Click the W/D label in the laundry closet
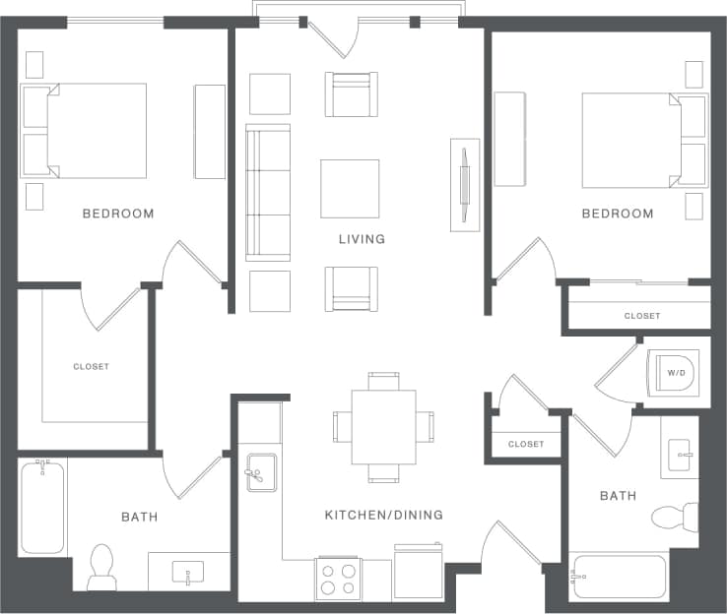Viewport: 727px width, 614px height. point(675,373)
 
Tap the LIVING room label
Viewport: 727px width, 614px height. point(362,239)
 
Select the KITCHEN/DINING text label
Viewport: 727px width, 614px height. point(383,515)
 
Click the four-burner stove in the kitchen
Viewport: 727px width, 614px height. point(338,579)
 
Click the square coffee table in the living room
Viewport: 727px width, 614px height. point(350,188)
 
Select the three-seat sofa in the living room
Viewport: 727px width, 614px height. point(268,193)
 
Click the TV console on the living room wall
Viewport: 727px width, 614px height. point(465,185)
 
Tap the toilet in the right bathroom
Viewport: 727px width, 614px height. point(677,517)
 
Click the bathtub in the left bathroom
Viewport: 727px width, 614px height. point(42,507)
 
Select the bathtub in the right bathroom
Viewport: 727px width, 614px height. point(619,578)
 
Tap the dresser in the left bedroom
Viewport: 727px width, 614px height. point(210,132)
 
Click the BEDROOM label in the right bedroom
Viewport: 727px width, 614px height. point(617,214)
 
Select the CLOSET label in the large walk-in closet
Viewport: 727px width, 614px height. point(91,367)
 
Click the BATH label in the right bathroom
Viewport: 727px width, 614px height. point(618,496)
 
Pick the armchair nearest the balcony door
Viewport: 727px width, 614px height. point(351,94)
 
